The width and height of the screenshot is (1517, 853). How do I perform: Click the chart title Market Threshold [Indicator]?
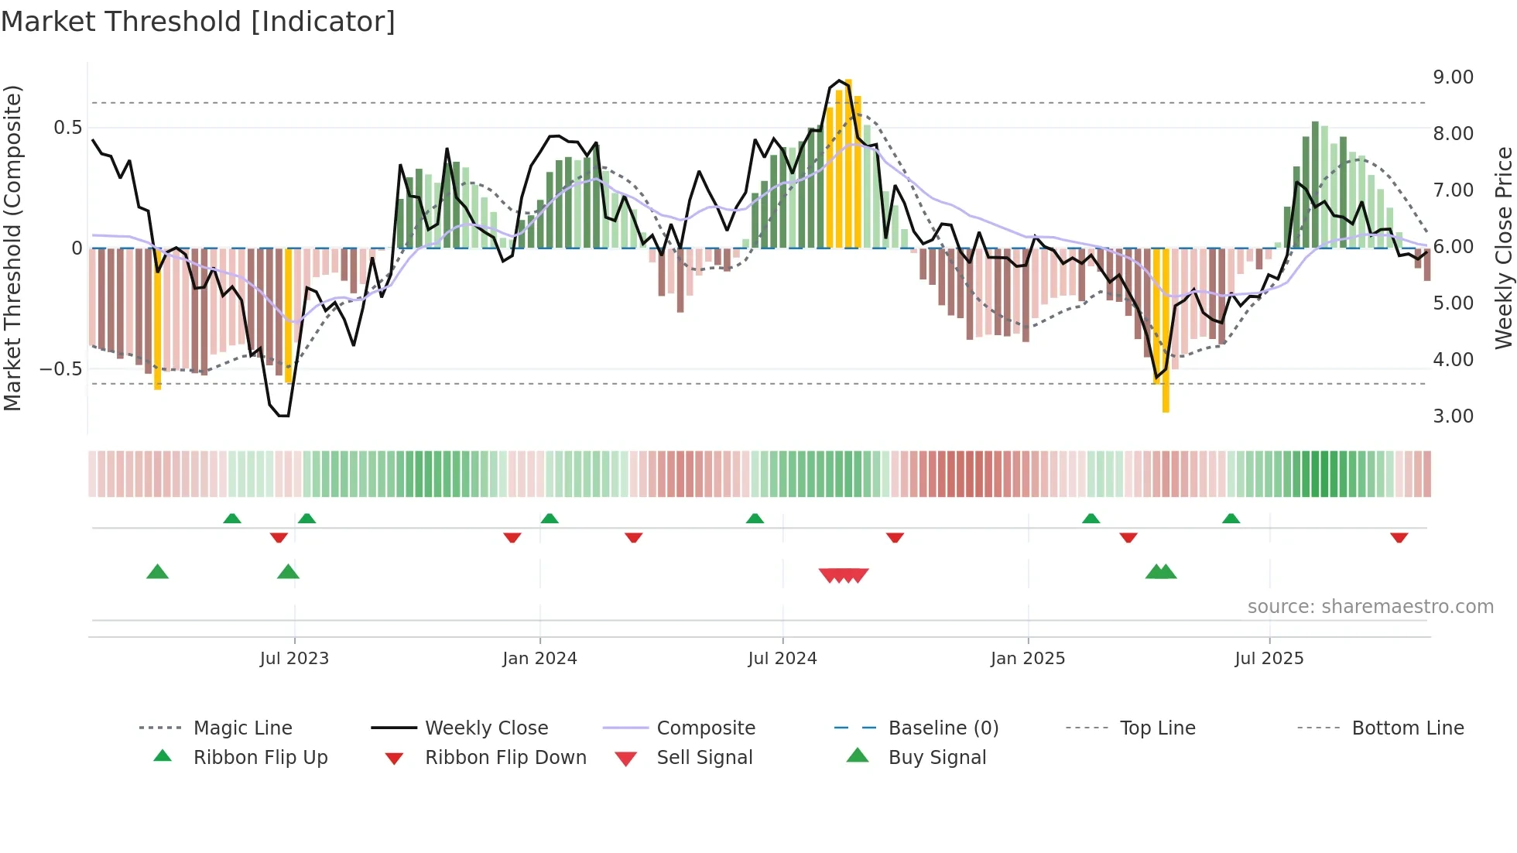click(x=198, y=22)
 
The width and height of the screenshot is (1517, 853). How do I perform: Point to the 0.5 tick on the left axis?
click(x=68, y=128)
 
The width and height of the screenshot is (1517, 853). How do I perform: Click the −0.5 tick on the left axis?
click(x=62, y=369)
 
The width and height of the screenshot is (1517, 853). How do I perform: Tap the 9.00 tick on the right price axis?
click(x=1453, y=77)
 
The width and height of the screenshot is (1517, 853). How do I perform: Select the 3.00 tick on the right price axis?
click(x=1453, y=416)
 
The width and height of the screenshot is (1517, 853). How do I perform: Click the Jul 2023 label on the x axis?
click(x=294, y=659)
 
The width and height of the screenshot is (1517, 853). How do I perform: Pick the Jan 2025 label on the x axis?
click(x=1027, y=659)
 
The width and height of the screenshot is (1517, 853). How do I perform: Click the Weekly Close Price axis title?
click(x=1503, y=248)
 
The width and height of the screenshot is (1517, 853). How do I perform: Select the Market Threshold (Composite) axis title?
click(x=12, y=248)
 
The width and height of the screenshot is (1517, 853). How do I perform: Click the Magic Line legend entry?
click(x=242, y=728)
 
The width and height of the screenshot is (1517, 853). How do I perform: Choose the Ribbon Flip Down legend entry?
click(x=505, y=758)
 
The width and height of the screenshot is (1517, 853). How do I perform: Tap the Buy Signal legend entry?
click(x=937, y=758)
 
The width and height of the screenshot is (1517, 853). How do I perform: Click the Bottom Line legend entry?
click(x=1407, y=728)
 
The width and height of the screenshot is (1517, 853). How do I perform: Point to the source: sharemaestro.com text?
click(x=1370, y=607)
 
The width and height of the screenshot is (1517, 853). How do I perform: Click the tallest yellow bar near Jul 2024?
click(x=848, y=163)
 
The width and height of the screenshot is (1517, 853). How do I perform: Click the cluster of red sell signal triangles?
click(x=844, y=575)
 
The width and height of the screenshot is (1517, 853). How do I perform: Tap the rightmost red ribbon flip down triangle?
click(x=1399, y=537)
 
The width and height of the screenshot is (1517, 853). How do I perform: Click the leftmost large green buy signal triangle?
click(x=157, y=572)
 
